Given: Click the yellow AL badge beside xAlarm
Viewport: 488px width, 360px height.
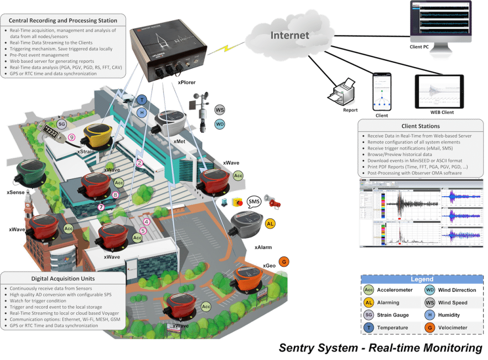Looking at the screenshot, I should [270, 223].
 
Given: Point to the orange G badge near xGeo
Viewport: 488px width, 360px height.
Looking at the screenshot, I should [284, 261].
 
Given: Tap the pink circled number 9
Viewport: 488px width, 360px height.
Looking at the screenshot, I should [72, 137].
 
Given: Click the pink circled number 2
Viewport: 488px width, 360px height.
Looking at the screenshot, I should [140, 163].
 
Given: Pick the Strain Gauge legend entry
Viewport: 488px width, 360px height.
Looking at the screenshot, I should [385, 315].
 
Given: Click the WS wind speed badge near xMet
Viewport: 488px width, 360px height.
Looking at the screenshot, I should [220, 110].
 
